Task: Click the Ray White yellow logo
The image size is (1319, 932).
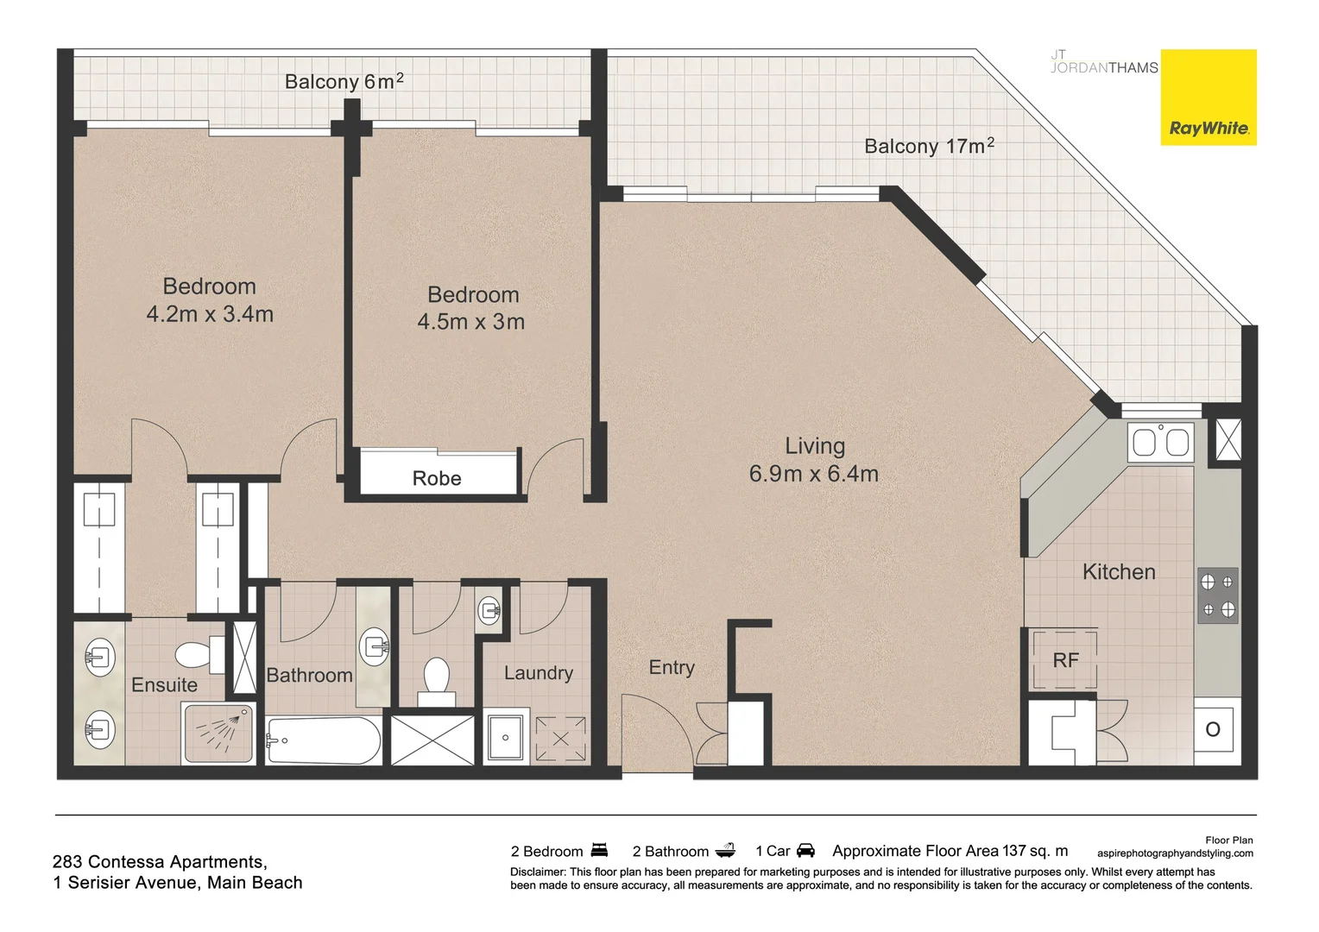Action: coord(1208,97)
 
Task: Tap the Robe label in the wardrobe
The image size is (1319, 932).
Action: coord(437,478)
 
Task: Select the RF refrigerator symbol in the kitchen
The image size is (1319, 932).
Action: coord(1065,660)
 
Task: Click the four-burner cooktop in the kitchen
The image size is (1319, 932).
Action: coord(1217,595)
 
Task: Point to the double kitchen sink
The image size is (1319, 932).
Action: coord(1160,443)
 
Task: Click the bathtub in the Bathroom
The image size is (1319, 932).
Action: coord(324,740)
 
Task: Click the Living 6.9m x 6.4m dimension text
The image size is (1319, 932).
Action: coord(813,474)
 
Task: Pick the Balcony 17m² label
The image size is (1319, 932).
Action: coord(929,146)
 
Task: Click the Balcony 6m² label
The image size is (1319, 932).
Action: coord(344,82)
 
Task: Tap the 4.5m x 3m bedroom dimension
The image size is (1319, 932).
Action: coord(471,322)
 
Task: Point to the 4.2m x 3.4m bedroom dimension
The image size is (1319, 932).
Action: coord(210,314)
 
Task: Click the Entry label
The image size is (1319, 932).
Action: coord(672,667)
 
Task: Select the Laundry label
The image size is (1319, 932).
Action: coord(538,673)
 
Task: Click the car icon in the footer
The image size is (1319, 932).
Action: coord(805,851)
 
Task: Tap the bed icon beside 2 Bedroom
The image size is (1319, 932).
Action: coord(599,851)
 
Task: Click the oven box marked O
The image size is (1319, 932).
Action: coord(1213,730)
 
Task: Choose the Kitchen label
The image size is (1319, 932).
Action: coord(1119,571)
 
